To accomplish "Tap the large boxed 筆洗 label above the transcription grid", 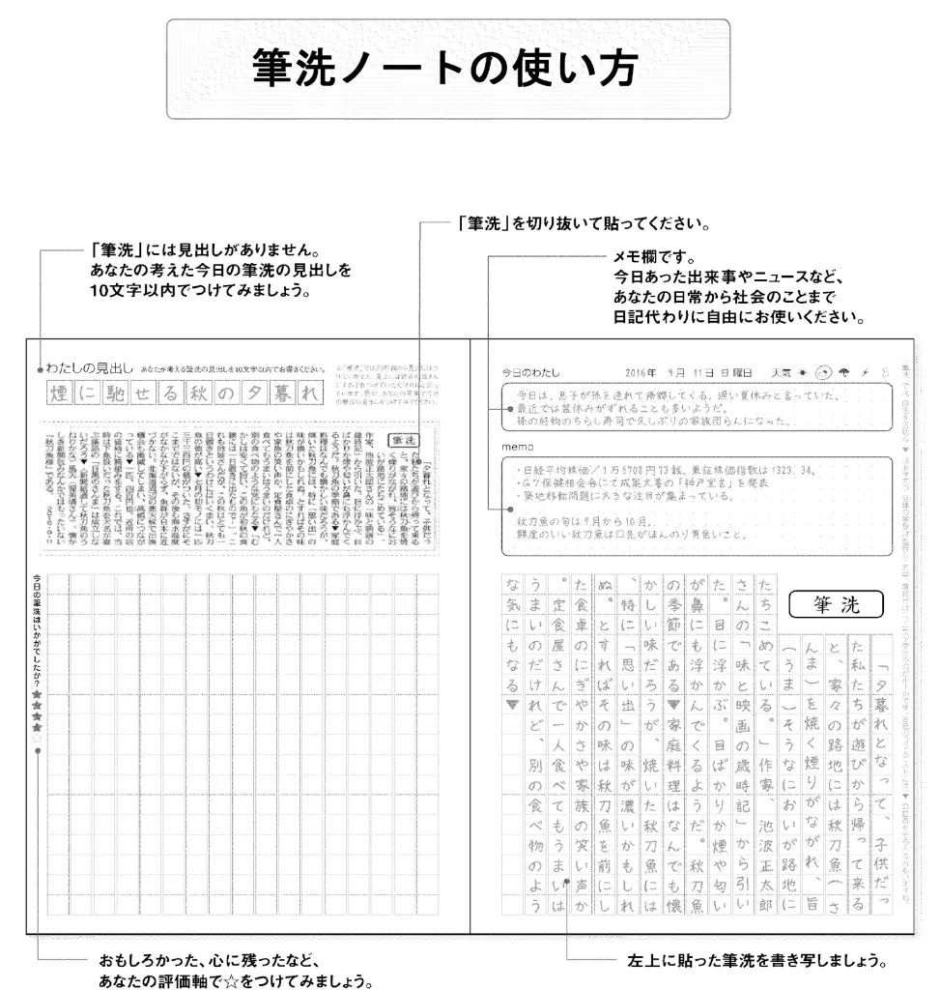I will pos(836,605).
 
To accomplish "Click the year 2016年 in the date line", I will pos(641,372).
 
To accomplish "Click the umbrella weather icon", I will pos(843,372).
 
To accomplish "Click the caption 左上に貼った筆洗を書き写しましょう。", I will pos(756,962).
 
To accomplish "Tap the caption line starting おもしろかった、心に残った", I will pos(208,962).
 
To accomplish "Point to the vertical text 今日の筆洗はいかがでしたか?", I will pos(37,628).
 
